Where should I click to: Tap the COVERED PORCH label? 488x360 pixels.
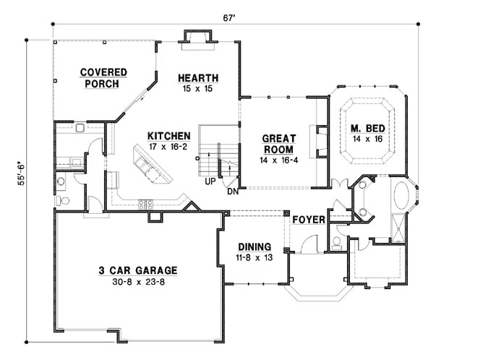[103, 78]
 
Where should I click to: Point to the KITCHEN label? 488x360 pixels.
[168, 136]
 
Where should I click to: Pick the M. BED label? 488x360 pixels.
[367, 130]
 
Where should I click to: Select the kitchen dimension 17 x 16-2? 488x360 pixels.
[168, 147]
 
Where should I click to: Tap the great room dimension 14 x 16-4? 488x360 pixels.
[276, 159]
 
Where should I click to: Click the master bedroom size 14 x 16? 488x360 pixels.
[367, 141]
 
